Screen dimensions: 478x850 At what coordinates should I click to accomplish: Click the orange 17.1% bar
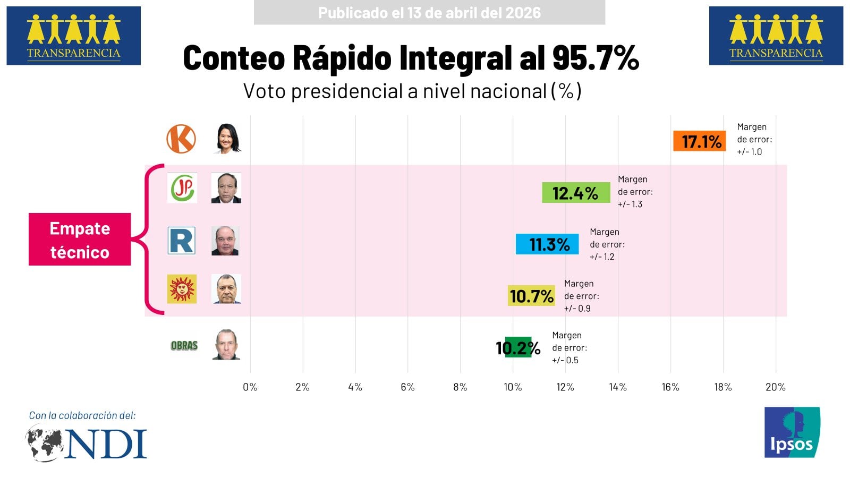[699, 141]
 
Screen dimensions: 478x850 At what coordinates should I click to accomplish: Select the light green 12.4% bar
[576, 193]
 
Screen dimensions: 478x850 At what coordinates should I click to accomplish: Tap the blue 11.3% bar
[547, 244]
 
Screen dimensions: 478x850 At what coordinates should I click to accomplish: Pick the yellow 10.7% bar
[532, 296]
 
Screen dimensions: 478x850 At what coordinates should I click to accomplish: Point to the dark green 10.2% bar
[518, 347]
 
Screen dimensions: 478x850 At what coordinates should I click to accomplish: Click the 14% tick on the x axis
[618, 387]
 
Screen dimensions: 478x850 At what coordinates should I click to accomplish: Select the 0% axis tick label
[250, 387]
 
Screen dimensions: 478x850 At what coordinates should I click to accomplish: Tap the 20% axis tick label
[775, 387]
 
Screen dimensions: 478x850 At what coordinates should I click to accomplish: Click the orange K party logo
[181, 139]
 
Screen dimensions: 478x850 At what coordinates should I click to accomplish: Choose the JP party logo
[182, 187]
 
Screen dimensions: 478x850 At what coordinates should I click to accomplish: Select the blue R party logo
[182, 241]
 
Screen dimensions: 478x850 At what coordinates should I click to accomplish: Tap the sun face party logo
[182, 289]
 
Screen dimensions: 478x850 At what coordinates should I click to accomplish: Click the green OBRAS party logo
[184, 346]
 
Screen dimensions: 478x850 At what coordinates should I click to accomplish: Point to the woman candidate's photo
[228, 139]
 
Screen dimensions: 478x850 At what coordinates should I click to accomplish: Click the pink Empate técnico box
[80, 239]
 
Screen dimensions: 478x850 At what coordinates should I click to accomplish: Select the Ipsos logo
[792, 432]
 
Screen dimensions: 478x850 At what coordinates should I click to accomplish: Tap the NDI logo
[87, 443]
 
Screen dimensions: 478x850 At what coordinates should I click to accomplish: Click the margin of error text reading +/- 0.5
[565, 360]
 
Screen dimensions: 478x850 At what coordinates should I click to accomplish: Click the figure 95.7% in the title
[595, 57]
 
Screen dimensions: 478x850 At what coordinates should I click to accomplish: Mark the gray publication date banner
[429, 13]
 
